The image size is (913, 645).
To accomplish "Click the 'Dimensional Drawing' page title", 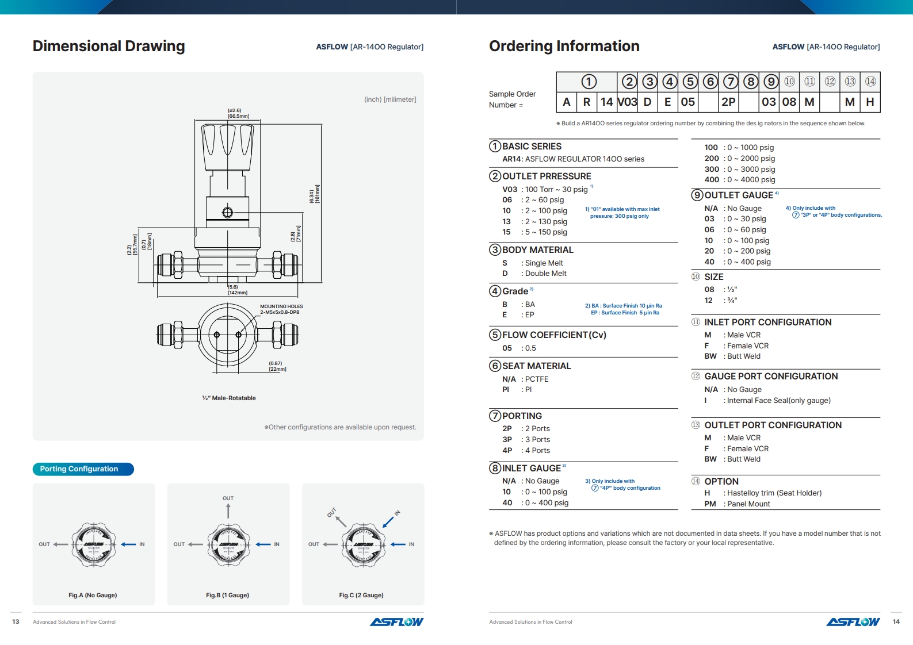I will point(109,46).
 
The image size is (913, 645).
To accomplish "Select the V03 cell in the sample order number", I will point(627,102).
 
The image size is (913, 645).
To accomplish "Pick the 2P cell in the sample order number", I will point(728,102).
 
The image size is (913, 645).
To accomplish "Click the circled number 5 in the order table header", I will point(690,82).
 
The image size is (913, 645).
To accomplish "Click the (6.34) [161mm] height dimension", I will point(314,194).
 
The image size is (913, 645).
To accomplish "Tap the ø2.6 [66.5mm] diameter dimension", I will point(238,113).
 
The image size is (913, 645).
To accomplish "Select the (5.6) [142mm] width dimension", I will point(237,290).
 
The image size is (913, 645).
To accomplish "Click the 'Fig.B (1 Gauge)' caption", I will point(228,595).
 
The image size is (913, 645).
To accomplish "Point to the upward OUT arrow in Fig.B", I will point(228,510).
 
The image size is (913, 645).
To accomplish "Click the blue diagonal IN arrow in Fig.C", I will point(388,521).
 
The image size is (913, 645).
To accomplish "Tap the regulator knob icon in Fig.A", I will point(94,544).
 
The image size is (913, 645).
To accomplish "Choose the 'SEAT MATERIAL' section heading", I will point(536,366).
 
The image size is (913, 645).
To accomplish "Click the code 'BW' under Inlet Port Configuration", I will point(710,356).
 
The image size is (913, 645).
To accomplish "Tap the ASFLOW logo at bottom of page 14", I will point(853,622).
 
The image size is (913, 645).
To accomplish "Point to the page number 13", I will point(16,621).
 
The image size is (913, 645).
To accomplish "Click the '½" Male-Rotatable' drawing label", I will point(229,398).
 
